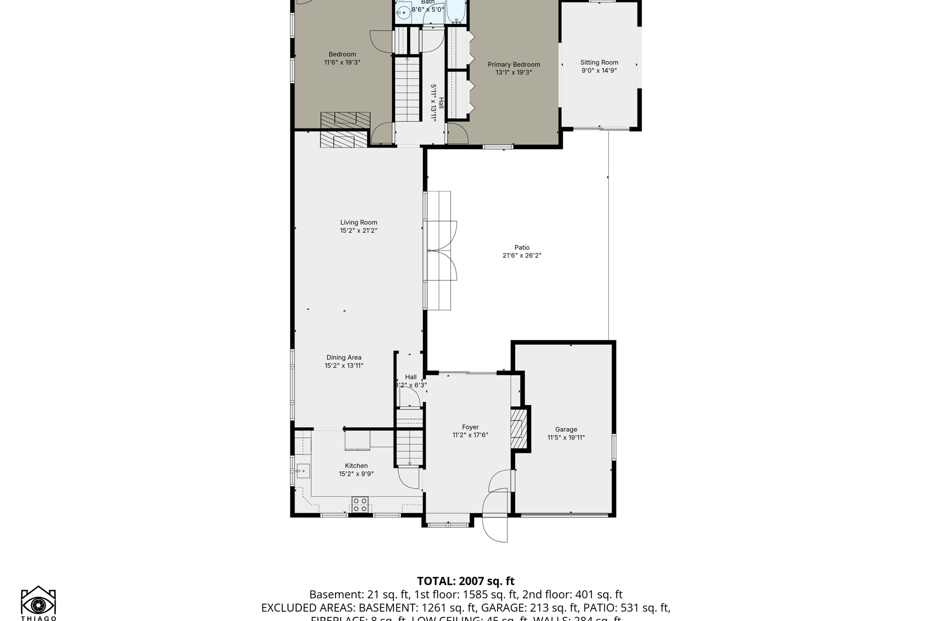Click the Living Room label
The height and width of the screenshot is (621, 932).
point(358,223)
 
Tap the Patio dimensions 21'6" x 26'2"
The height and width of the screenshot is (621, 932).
point(521,256)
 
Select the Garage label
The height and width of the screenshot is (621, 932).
point(566,430)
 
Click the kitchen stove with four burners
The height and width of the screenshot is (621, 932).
point(360,505)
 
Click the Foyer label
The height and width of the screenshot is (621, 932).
point(470,427)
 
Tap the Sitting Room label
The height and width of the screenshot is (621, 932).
point(599,63)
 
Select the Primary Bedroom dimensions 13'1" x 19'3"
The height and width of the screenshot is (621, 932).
point(514,72)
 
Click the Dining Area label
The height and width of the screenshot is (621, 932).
point(344,358)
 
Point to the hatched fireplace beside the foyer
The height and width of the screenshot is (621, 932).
point(518,428)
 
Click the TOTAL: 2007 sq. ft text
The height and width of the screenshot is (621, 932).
point(465,581)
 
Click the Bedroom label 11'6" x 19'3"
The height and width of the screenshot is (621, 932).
point(342,58)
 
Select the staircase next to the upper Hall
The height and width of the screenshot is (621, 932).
point(407,90)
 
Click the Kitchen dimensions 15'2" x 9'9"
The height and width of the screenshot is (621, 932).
point(356,474)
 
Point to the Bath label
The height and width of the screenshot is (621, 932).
point(428,2)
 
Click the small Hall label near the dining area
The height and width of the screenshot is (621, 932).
point(411,377)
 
